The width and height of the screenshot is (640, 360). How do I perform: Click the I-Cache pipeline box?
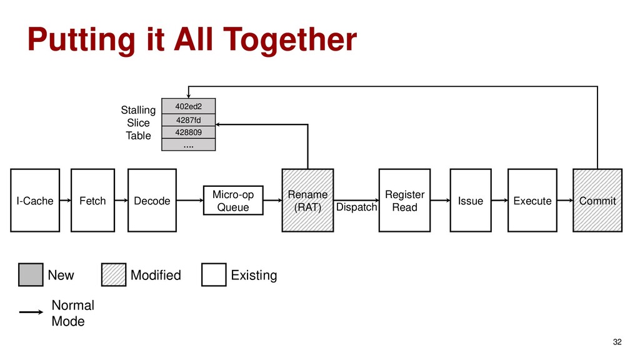pyautogui.click(x=35, y=201)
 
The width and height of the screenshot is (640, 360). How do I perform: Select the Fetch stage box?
pyautogui.click(x=92, y=201)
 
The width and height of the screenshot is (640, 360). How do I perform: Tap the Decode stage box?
pyautogui.click(x=152, y=201)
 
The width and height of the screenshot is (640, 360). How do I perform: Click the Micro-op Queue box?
pyautogui.click(x=234, y=200)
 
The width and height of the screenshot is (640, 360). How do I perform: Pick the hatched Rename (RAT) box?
pyautogui.click(x=307, y=201)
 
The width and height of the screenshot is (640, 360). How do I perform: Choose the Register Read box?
pyautogui.click(x=404, y=201)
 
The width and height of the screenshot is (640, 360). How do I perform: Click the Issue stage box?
pyautogui.click(x=470, y=201)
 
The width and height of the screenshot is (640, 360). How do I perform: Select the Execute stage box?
pyautogui.click(x=532, y=201)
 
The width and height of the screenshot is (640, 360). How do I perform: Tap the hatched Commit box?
pyautogui.click(x=597, y=201)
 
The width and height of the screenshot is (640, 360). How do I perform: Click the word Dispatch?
pyautogui.click(x=356, y=207)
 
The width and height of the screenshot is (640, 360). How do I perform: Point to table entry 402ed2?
pyautogui.click(x=188, y=106)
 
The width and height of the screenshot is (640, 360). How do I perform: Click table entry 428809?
pyautogui.click(x=188, y=132)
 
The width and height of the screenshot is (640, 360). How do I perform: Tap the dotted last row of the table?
pyautogui.click(x=188, y=144)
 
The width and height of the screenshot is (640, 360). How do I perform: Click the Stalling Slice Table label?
pyautogui.click(x=138, y=123)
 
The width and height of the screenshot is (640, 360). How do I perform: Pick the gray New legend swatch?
pyautogui.click(x=31, y=275)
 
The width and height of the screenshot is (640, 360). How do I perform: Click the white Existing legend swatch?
pyautogui.click(x=214, y=275)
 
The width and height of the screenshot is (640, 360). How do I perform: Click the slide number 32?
pyautogui.click(x=617, y=341)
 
